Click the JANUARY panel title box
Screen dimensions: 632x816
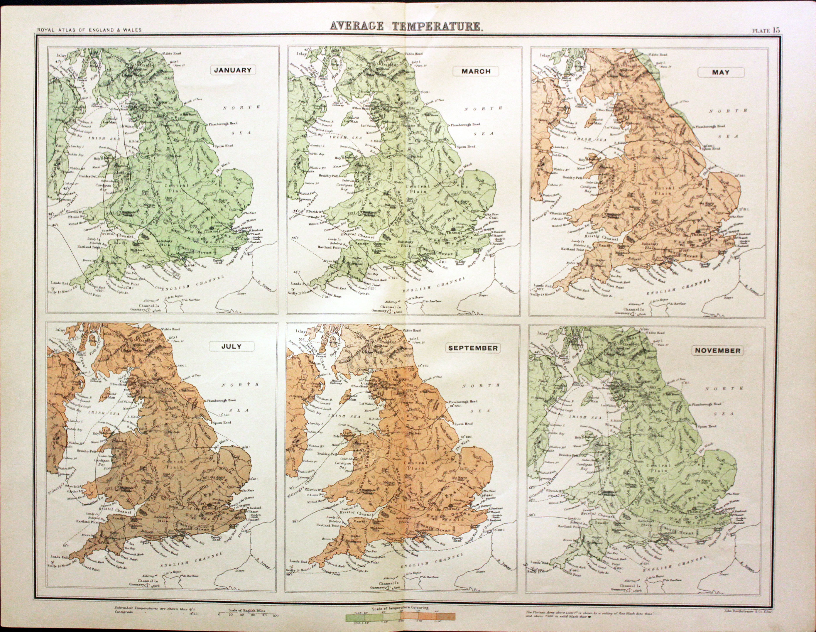[232, 70]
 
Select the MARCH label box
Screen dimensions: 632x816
[476, 71]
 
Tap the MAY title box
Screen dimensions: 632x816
[720, 72]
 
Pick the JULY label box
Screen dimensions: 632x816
[231, 346]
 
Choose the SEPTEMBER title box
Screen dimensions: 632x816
[473, 348]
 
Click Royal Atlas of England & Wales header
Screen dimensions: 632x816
[89, 30]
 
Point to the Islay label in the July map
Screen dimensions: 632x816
[60, 330]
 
